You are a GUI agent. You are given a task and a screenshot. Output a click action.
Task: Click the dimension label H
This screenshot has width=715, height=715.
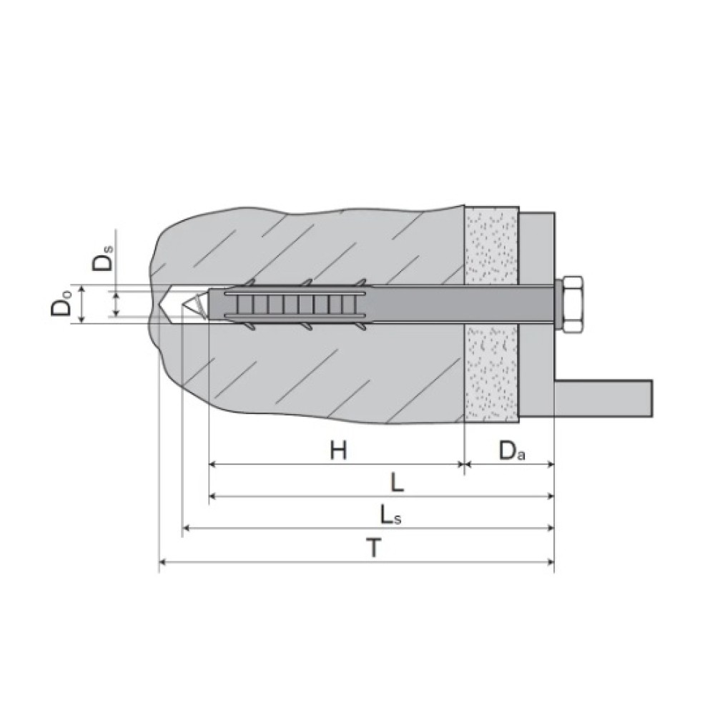[x=338, y=450]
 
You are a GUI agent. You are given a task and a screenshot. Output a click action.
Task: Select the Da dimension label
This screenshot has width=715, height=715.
[x=512, y=450]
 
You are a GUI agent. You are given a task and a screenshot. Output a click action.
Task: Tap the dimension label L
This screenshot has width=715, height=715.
[x=398, y=482]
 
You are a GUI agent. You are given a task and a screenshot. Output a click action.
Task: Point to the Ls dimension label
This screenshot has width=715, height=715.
[x=391, y=516]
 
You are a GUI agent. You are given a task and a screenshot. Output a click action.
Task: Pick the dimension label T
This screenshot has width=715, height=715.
[x=373, y=548]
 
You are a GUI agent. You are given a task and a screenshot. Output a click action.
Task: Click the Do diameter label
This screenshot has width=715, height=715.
[x=61, y=303]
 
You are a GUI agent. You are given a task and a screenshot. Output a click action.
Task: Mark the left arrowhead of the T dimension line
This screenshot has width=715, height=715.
[x=162, y=562]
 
